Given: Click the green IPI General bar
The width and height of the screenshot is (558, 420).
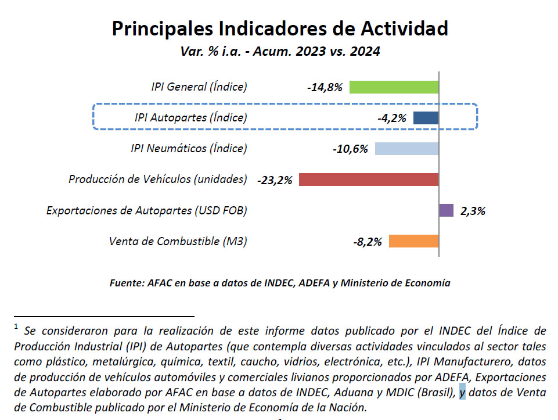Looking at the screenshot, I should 394,87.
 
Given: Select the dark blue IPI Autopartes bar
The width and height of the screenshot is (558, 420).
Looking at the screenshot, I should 426,118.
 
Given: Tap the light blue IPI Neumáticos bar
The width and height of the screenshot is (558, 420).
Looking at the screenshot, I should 406,149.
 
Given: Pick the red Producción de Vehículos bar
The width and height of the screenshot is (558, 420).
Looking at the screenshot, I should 368,180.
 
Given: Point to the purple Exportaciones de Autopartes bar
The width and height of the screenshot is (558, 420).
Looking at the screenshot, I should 446,210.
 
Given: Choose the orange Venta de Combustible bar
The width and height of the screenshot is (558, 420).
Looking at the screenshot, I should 413,241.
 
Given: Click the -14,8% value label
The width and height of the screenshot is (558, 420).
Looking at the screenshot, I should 325,88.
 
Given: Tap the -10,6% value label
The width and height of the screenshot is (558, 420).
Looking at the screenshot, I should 350,149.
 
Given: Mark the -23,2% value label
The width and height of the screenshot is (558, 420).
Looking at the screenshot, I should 274,180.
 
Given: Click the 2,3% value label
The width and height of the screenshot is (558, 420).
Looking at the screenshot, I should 473,211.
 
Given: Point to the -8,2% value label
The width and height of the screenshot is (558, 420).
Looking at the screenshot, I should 367,242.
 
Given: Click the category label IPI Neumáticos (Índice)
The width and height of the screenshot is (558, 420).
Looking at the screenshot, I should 189,149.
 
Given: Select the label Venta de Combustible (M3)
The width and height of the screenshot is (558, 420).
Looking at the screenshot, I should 178,241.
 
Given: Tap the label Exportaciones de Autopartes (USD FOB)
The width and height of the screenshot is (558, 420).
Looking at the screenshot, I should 146,210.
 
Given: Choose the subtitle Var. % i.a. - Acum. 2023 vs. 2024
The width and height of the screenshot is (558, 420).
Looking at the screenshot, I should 280,51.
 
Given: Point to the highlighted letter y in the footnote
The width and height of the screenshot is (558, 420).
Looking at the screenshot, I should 462,392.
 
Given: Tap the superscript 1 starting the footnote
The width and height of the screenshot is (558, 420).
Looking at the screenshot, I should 17,327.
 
